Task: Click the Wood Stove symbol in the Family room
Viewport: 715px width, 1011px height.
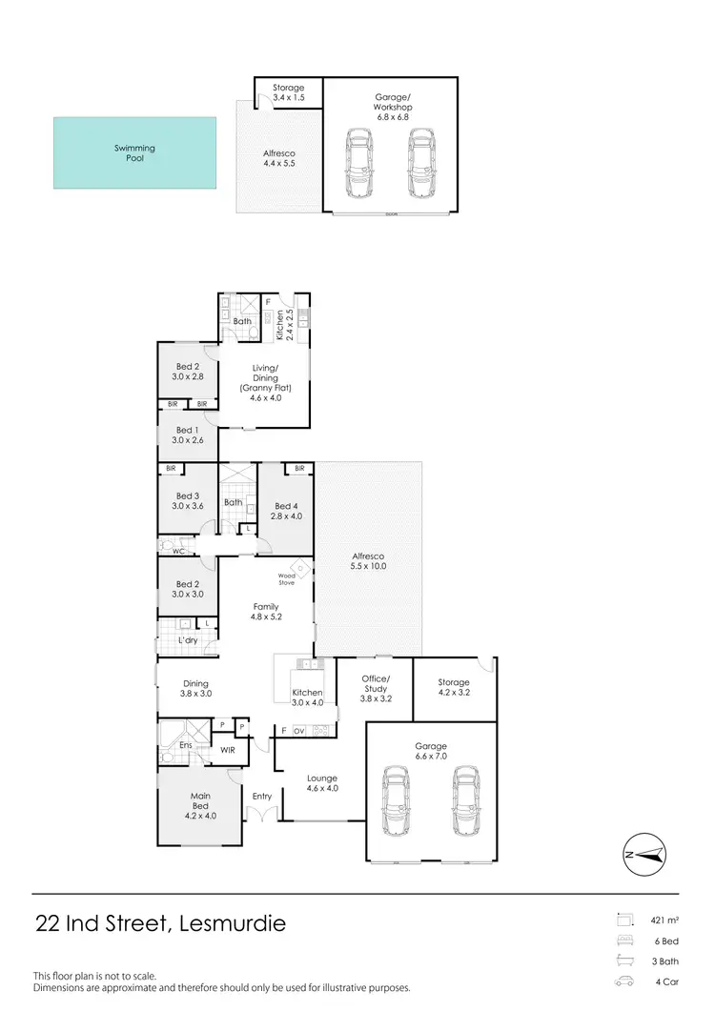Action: tap(301, 569)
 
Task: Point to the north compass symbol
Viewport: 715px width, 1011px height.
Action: tap(643, 855)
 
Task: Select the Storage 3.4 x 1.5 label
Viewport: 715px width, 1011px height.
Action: tap(288, 92)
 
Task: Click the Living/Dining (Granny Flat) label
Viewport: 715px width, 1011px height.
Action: tap(264, 383)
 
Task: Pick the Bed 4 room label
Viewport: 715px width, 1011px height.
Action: tap(287, 511)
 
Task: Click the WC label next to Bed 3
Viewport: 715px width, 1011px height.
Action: tap(177, 551)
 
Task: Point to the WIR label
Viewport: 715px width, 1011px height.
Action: tap(228, 751)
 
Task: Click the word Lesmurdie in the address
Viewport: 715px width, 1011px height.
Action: tap(224, 923)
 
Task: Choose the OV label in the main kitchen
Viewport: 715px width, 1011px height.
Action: tap(298, 731)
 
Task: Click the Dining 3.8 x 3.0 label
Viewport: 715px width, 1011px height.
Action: tap(195, 688)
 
